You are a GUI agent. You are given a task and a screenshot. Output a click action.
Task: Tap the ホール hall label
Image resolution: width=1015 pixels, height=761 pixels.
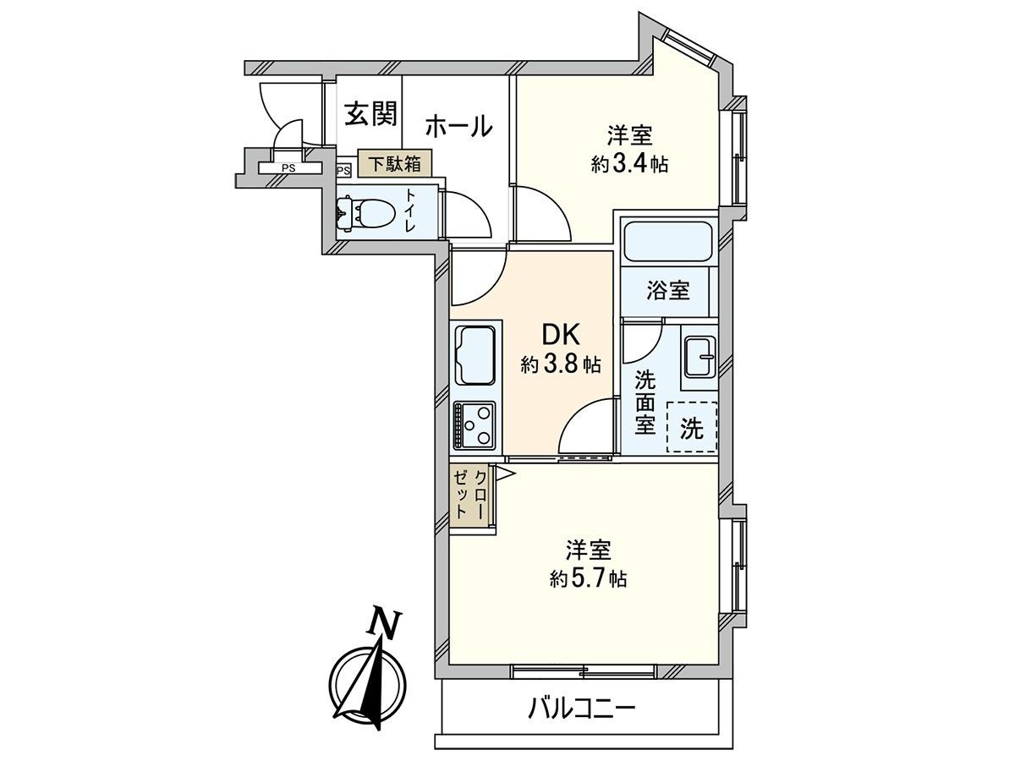pos(458,127)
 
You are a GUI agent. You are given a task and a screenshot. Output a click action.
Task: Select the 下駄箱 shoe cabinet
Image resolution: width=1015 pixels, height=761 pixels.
pos(393,162)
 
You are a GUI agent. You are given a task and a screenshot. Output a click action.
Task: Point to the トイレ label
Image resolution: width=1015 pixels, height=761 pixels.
pos(410,211)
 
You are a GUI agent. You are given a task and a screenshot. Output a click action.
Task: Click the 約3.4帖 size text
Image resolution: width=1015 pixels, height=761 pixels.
pos(630,164)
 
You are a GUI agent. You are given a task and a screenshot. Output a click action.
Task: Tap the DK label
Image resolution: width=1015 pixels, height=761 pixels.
pos(559,333)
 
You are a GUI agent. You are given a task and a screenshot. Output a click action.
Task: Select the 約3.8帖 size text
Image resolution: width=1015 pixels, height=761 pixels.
pos(561,365)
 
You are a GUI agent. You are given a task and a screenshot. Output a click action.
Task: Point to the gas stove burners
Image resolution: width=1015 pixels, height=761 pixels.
pos(475,424)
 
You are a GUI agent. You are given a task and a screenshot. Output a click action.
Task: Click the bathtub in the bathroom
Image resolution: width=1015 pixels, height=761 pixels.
pos(668,242)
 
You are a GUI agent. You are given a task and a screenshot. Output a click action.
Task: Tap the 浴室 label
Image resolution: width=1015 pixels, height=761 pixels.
pos(668,291)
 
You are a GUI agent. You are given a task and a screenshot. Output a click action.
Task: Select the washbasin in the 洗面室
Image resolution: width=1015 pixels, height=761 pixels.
pos(699,359)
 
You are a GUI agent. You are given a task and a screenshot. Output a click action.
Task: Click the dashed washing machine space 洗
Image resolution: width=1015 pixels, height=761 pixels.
pos(692,429)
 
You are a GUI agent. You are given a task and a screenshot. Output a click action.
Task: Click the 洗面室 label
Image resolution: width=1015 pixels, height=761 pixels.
pos(645,402)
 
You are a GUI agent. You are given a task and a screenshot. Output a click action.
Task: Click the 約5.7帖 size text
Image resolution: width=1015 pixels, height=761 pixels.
pos(588,579)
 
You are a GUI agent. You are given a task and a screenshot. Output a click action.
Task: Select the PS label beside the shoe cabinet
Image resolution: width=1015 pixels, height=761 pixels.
pos(343,170)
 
